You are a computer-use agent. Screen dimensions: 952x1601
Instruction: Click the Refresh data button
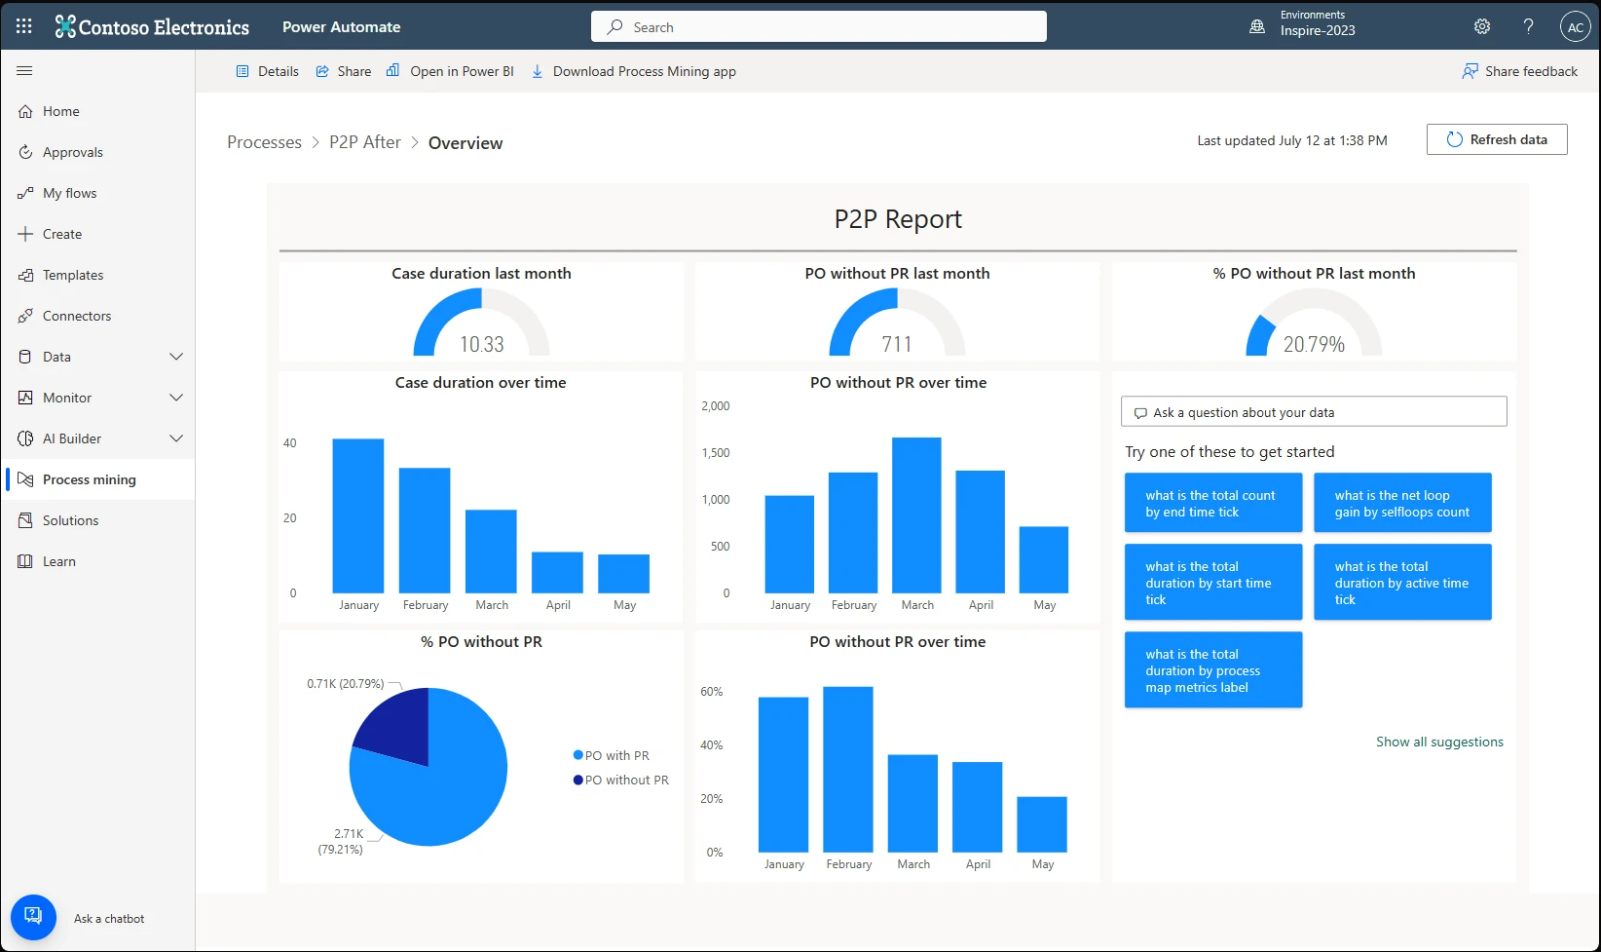(x=1497, y=139)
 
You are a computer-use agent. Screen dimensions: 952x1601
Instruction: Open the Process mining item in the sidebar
(x=89, y=479)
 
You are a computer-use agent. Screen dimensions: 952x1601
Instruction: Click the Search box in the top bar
(x=818, y=27)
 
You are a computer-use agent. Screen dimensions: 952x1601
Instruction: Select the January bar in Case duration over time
(x=358, y=516)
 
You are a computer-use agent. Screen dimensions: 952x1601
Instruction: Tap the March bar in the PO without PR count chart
(x=916, y=515)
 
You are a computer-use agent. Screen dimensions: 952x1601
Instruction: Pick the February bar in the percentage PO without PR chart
(x=848, y=770)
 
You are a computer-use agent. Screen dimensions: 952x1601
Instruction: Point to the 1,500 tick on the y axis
(x=716, y=453)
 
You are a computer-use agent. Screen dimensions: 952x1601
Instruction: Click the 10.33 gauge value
(x=482, y=344)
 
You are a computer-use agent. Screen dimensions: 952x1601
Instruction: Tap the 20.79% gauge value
(x=1314, y=344)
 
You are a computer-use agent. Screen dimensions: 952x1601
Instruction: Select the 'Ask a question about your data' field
(x=1314, y=412)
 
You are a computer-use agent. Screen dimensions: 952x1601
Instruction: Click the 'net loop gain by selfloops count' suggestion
(x=1402, y=503)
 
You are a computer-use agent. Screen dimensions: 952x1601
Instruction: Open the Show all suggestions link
(x=1439, y=742)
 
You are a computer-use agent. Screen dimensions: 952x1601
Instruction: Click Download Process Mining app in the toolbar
(x=644, y=71)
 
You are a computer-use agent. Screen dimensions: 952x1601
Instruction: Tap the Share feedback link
(x=1520, y=71)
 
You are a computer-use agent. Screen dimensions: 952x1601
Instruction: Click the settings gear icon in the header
(x=1482, y=27)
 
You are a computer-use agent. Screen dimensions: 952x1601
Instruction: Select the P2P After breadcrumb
(x=365, y=142)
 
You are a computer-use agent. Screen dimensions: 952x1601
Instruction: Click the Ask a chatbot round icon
(x=33, y=917)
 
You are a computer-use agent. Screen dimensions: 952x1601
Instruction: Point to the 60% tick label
(x=712, y=692)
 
